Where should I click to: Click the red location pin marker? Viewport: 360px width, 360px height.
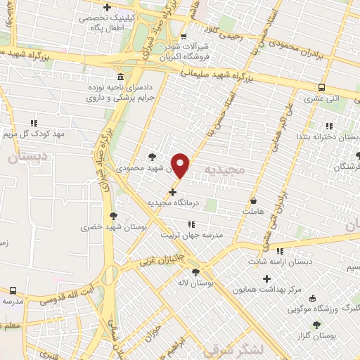click(181, 165)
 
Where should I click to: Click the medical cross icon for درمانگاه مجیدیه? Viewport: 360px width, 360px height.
click(172, 191)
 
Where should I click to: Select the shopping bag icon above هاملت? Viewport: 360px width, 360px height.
click(253, 201)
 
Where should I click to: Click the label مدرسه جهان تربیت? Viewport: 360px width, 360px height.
click(192, 235)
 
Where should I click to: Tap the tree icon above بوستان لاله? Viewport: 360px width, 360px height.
click(195, 272)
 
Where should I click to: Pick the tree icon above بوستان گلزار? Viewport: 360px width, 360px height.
click(316, 324)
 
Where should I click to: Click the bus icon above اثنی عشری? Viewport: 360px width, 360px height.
click(321, 88)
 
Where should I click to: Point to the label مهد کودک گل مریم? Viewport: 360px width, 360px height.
click(33, 134)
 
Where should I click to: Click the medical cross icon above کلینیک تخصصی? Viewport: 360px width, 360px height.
click(106, 7)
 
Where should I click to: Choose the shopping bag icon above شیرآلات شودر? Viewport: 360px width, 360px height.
click(183, 37)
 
